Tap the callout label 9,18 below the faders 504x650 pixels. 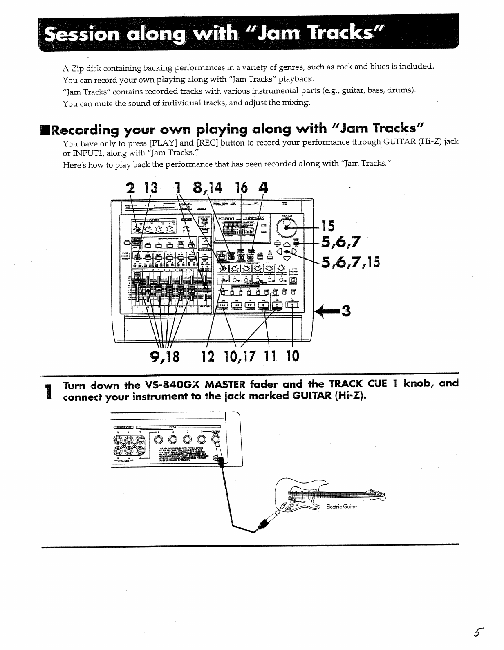[x=165, y=356]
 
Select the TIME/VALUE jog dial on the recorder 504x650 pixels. [x=287, y=226]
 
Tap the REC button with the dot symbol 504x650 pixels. [x=292, y=305]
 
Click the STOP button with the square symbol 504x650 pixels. [x=264, y=305]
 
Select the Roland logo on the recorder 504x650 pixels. [x=226, y=219]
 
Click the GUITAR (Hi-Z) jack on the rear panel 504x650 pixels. [x=216, y=440]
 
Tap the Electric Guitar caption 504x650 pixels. [x=342, y=507]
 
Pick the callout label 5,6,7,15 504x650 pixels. [x=350, y=261]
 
